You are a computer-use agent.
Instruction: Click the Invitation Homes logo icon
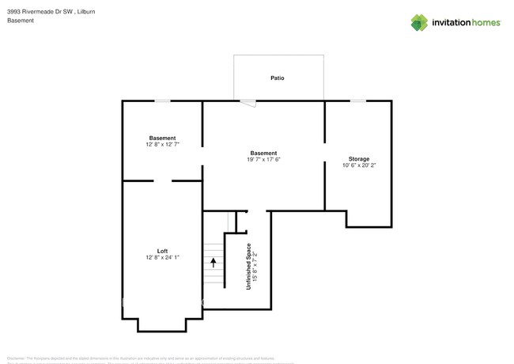(419, 22)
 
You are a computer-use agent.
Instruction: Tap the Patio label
(278, 78)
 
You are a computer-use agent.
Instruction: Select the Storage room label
(359, 159)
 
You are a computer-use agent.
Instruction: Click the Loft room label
(162, 251)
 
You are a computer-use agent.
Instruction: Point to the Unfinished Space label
(248, 266)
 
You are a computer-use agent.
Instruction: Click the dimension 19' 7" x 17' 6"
(263, 160)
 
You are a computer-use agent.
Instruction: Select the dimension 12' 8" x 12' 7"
(162, 145)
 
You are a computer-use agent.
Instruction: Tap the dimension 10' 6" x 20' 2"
(359, 166)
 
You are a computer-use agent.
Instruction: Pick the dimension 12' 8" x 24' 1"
(162, 258)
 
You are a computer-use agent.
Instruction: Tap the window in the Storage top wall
(358, 100)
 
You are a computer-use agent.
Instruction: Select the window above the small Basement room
(162, 100)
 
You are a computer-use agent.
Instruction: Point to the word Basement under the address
(21, 21)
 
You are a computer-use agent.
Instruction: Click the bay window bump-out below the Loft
(162, 324)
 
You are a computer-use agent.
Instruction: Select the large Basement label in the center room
(263, 153)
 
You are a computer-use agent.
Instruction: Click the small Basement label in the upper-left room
(162, 138)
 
